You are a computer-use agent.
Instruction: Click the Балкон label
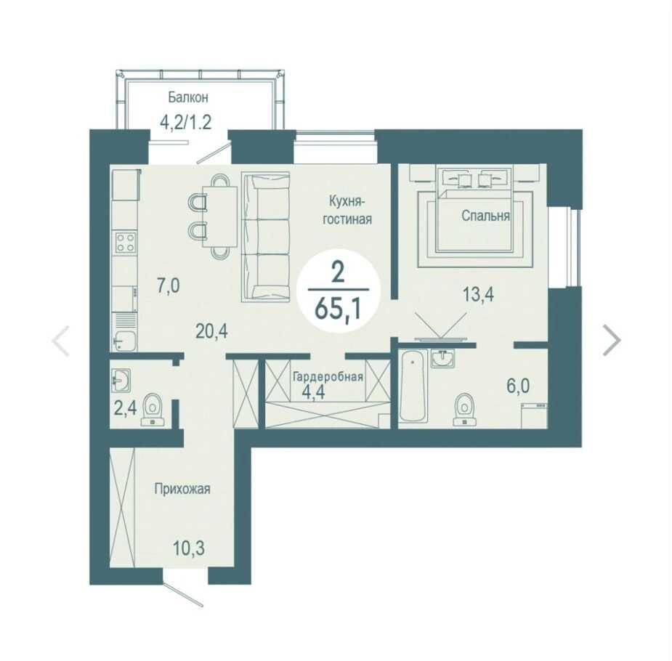(188, 97)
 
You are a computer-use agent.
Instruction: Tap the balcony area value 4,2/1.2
(185, 123)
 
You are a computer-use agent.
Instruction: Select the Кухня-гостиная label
(347, 210)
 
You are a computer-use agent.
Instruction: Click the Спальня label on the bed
(485, 216)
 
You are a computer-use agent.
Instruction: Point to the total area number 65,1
(338, 308)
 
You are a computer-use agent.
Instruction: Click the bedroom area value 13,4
(478, 294)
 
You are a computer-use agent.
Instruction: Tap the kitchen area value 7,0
(168, 285)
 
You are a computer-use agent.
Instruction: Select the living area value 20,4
(211, 330)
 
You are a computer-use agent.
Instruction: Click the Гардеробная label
(328, 376)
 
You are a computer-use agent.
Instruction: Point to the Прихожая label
(182, 489)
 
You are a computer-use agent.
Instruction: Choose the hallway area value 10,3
(189, 548)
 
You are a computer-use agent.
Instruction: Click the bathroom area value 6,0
(518, 386)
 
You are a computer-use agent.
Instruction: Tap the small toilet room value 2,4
(125, 408)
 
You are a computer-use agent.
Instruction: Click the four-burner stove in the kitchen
(126, 242)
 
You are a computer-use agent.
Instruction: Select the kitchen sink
(124, 341)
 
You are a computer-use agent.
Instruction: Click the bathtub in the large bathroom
(413, 386)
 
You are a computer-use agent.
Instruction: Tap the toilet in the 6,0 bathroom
(464, 409)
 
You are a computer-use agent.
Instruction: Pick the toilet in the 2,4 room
(153, 409)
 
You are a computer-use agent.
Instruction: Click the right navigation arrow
(612, 340)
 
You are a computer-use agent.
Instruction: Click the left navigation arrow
(60, 341)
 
